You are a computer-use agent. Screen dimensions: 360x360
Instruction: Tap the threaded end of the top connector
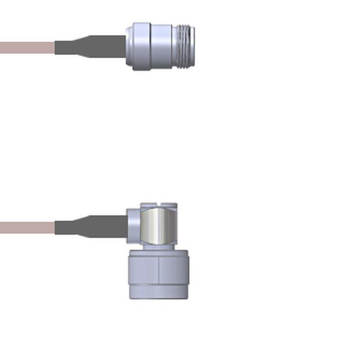(186, 47)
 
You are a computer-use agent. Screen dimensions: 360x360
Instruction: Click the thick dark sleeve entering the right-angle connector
(110, 227)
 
